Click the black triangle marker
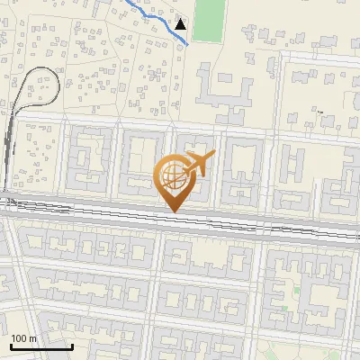pyautogui.click(x=181, y=24)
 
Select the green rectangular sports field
pyautogui.click(x=208, y=20)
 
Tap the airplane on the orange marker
pyautogui.click(x=194, y=164)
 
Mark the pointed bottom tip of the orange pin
pyautogui.click(x=171, y=211)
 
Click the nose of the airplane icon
pyautogui.click(x=212, y=156)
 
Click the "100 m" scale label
pyautogui.click(x=23, y=338)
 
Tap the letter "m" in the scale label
pyautogui.click(x=32, y=338)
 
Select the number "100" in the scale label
pyautogui.click(x=19, y=338)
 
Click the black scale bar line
pyautogui.click(x=40, y=347)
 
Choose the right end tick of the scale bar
pyautogui.click(x=72, y=346)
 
